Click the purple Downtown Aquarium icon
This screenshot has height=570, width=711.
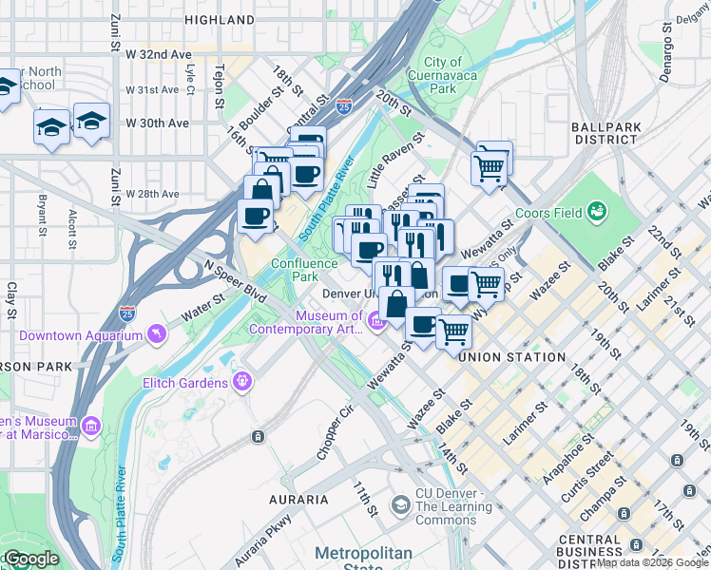tap(156, 334)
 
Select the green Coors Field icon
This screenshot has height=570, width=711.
tap(597, 210)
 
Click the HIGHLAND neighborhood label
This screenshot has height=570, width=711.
tap(221, 19)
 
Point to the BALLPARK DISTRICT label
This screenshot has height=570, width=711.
tap(604, 132)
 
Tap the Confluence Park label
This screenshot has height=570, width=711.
tap(304, 270)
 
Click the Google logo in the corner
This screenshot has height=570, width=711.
tap(30, 559)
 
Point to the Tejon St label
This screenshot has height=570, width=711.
tap(220, 83)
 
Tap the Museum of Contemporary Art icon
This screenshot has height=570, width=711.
tap(375, 323)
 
